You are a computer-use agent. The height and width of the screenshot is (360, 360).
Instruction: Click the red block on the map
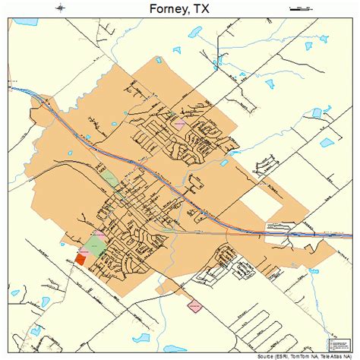[x=81, y=258]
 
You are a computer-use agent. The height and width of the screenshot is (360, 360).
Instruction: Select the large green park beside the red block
[x=95, y=245]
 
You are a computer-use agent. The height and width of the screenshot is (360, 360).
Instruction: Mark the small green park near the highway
[x=111, y=180]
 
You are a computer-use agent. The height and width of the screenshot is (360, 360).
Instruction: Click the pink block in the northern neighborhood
[x=180, y=122]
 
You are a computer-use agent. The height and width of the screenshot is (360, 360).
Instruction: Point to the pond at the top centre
[x=177, y=51]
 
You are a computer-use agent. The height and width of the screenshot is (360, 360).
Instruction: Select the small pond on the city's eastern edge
[x=223, y=162]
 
